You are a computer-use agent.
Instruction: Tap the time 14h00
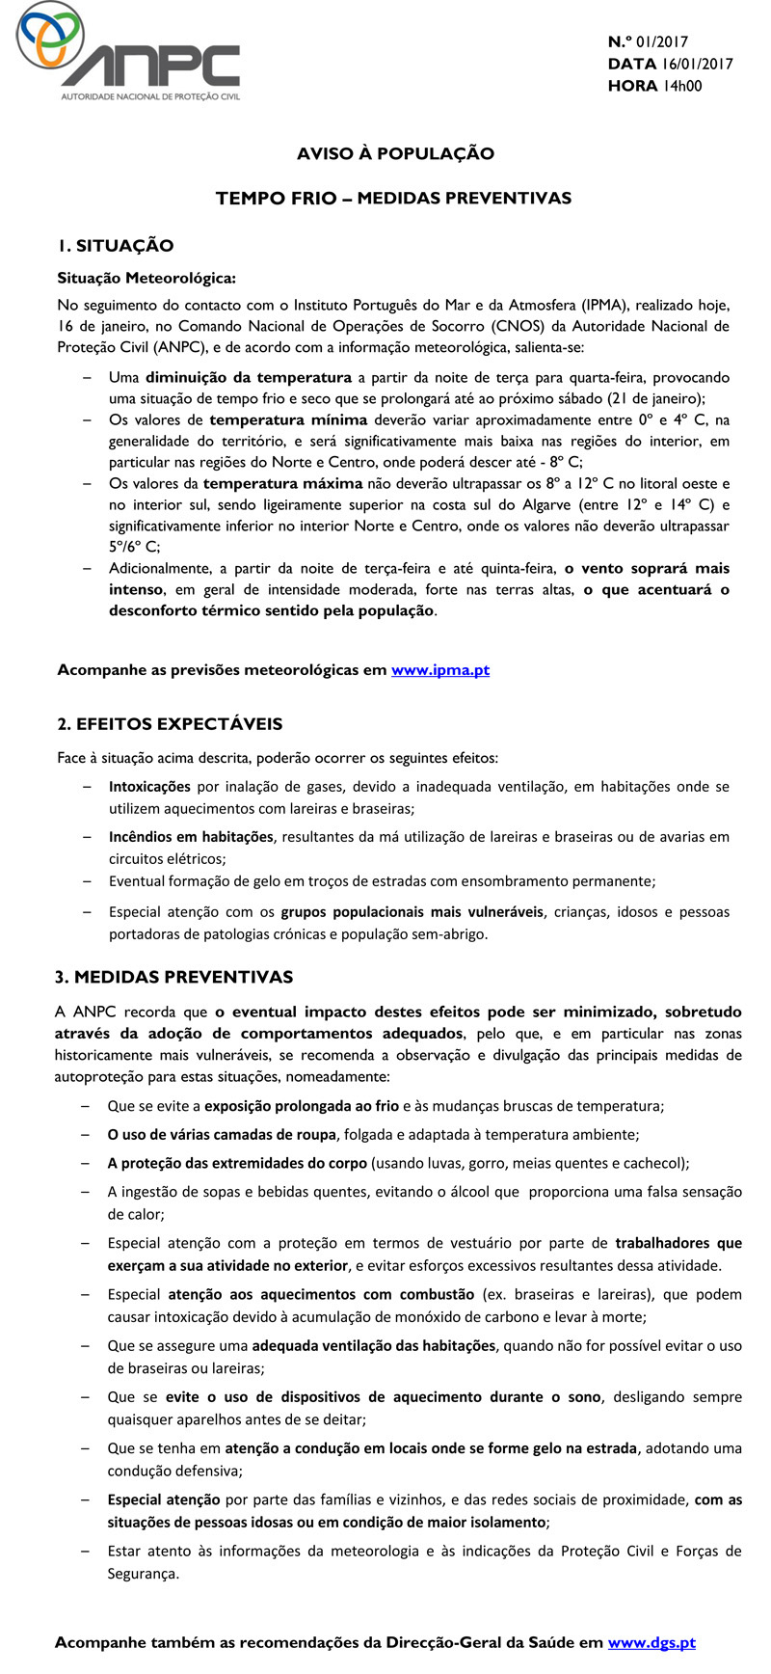[x=681, y=86]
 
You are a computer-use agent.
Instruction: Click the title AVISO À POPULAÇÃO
[x=395, y=153]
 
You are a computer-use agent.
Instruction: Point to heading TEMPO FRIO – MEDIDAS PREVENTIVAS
[x=393, y=198]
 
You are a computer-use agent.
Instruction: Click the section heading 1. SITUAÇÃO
[x=115, y=246]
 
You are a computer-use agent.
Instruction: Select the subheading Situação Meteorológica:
[x=146, y=279]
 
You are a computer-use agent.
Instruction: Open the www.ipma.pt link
[x=440, y=669]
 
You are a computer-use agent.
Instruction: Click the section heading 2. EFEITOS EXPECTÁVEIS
[x=170, y=723]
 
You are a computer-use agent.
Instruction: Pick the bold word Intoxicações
[x=149, y=787]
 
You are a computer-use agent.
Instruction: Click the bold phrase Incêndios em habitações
[x=191, y=837]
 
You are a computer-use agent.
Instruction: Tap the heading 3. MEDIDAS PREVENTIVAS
[x=173, y=977]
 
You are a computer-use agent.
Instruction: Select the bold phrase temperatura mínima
[x=288, y=419]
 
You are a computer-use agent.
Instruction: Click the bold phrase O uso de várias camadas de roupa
[x=221, y=1135]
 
